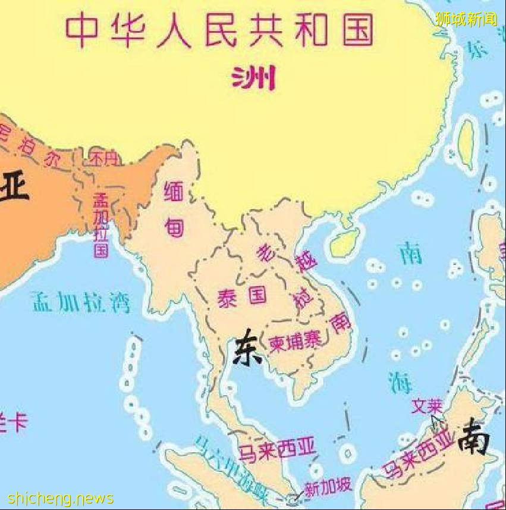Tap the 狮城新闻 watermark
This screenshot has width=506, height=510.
(x=465, y=18)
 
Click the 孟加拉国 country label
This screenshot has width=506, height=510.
(x=100, y=226)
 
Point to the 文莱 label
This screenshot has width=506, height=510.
(x=427, y=406)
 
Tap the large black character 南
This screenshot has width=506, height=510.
(x=473, y=436)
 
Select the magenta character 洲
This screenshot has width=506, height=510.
(x=254, y=77)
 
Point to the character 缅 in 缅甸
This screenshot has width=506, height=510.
(x=174, y=192)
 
